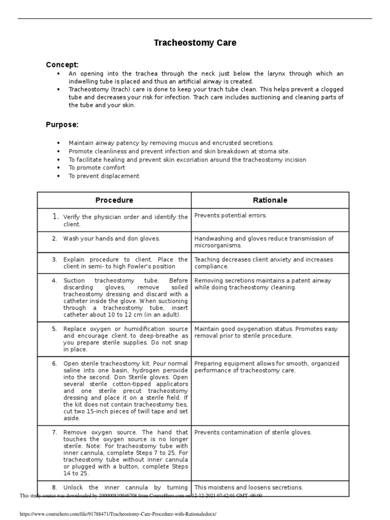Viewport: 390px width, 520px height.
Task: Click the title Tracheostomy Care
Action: click(195, 43)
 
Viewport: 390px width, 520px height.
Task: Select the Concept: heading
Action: click(62, 64)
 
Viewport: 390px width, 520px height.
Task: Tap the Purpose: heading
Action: click(62, 124)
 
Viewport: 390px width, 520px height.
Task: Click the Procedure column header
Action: click(114, 200)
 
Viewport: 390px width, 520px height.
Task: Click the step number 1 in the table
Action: click(56, 217)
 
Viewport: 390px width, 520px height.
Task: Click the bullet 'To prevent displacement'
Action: click(104, 176)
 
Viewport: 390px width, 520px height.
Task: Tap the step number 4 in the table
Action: click(54, 280)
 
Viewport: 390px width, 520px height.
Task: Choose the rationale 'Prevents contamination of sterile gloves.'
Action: click(253, 432)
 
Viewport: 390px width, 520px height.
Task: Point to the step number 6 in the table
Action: click(54, 364)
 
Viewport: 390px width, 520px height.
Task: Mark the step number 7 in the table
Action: click(54, 432)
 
